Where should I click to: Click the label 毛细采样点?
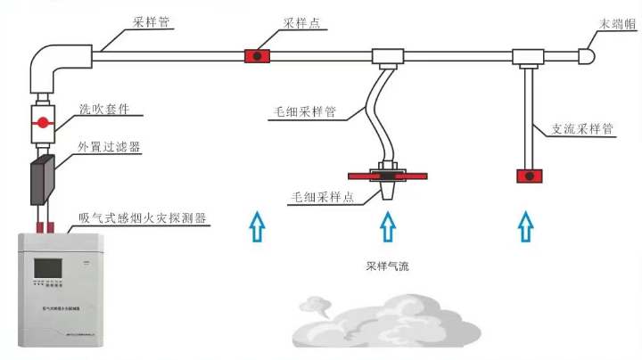coord(319,197)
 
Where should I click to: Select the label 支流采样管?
coord(582,129)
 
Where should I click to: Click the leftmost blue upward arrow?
coord(257,226)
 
